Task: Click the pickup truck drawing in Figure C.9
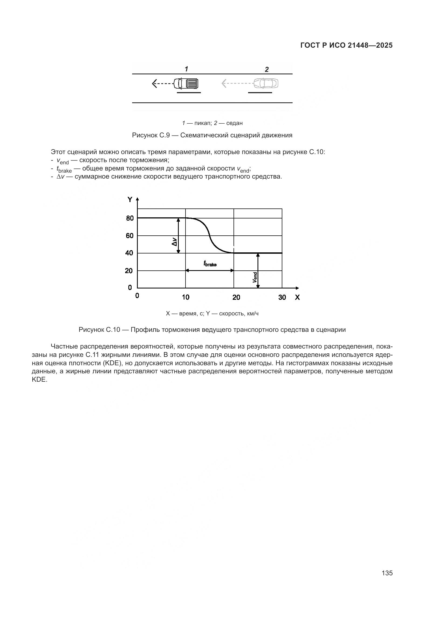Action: [186, 83]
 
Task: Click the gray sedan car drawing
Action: [266, 83]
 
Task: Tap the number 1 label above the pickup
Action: [187, 69]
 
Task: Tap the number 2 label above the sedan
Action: [267, 70]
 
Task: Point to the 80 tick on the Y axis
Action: [130, 218]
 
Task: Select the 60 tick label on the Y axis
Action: [130, 236]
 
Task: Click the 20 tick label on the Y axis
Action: [129, 271]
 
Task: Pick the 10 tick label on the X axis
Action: [186, 297]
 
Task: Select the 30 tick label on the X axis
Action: [282, 297]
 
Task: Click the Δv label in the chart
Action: [174, 242]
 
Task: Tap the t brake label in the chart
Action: [210, 264]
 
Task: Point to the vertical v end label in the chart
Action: [255, 277]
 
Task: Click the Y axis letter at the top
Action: [130, 200]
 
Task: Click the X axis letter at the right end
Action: [297, 297]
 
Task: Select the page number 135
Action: [387, 573]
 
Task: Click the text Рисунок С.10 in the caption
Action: [99, 330]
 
